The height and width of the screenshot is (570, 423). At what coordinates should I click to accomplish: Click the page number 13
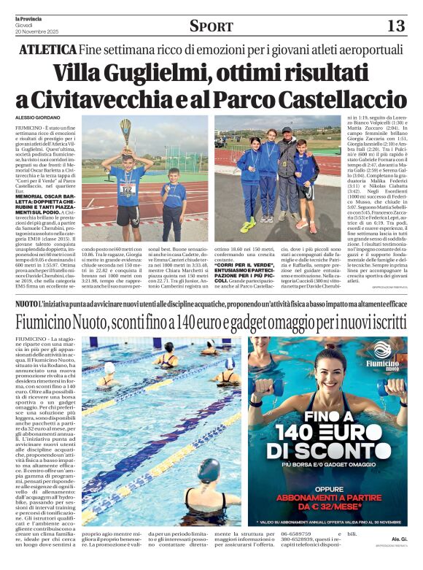[395, 26]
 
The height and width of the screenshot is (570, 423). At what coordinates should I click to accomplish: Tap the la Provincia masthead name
[28, 7]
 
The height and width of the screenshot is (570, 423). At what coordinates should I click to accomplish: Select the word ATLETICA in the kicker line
[47, 50]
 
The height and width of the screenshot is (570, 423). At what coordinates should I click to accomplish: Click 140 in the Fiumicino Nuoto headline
[201, 320]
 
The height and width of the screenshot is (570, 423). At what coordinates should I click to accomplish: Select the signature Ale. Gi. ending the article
[397, 560]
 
